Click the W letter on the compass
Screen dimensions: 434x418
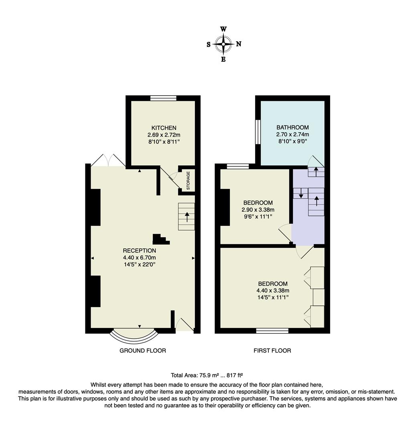223,29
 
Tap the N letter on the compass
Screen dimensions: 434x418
239,44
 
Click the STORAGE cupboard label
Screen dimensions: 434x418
188,181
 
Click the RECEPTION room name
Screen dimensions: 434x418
140,251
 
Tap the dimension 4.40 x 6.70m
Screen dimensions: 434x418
140,258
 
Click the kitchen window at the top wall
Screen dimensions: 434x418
163,98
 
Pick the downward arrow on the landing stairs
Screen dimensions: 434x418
301,194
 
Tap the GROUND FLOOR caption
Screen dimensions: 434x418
142,350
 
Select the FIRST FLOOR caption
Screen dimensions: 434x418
272,350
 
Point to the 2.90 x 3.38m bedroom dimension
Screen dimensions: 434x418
258,210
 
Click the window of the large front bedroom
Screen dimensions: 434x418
272,331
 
